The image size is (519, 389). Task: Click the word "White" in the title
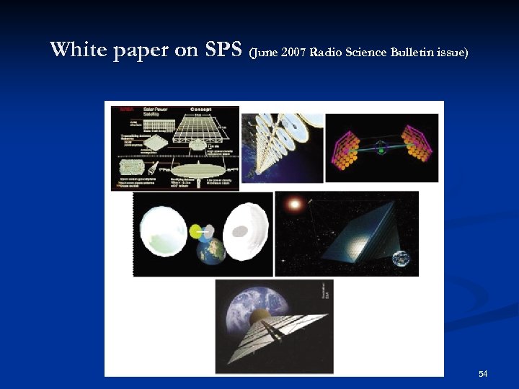78,50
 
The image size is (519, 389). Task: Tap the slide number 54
483,374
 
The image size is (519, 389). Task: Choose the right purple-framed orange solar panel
416,144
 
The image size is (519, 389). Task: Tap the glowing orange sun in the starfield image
293,205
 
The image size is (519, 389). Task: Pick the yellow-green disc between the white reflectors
197,231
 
